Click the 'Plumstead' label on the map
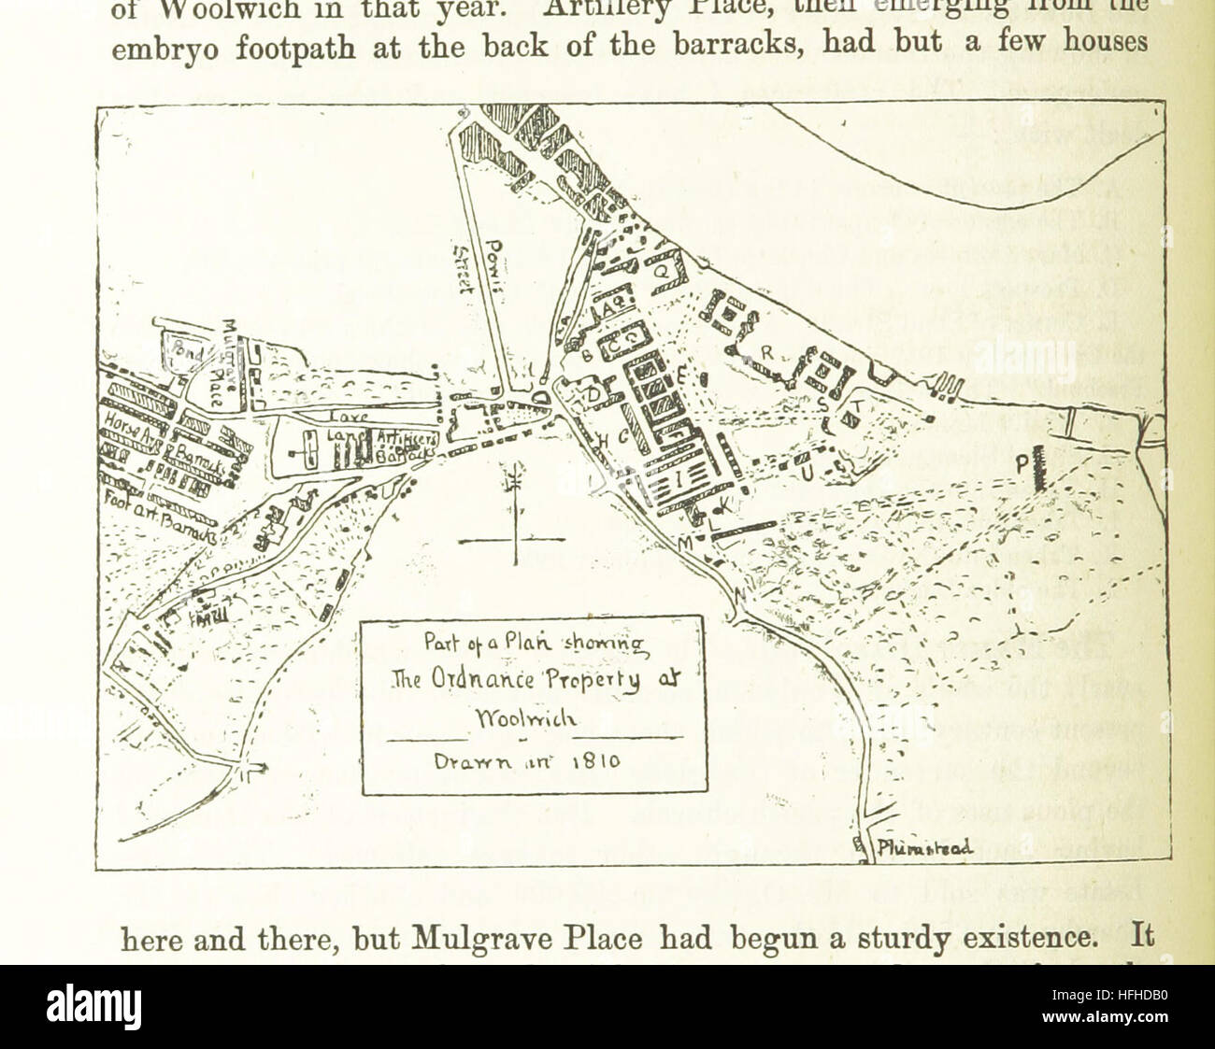(924, 848)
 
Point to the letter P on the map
(1022, 462)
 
